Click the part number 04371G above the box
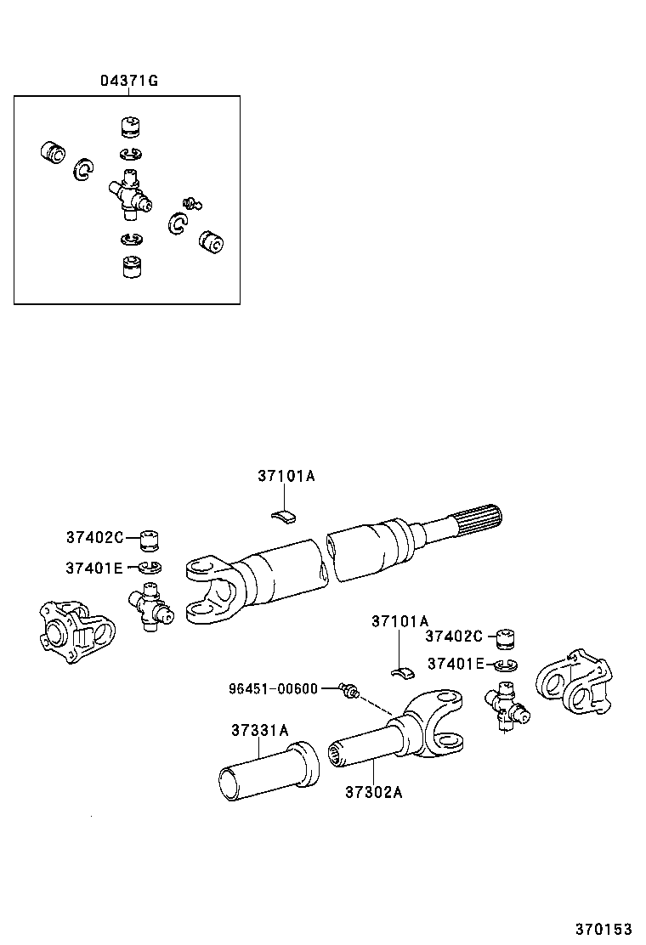[x=129, y=81]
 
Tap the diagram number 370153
[x=603, y=930]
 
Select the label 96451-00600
[x=273, y=688]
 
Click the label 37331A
[x=260, y=731]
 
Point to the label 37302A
[x=374, y=792]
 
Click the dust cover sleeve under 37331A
[x=269, y=770]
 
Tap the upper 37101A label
[x=286, y=476]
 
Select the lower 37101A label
[x=399, y=621]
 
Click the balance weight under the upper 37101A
[x=285, y=516]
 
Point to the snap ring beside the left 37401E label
[x=150, y=568]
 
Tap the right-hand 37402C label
[x=454, y=636]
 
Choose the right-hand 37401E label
[x=456, y=664]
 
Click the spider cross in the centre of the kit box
[x=129, y=195]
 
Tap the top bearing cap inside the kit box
[x=131, y=127]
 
